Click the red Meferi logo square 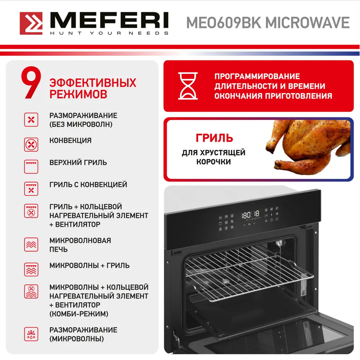(31, 23)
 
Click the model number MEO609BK (224, 23)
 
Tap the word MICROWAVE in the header (307, 23)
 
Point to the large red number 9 (31, 83)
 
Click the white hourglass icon (188, 86)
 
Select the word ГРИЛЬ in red (214, 138)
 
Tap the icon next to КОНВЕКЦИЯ (31, 145)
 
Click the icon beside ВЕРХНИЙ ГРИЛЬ (31, 167)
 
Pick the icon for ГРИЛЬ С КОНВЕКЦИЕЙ (31, 189)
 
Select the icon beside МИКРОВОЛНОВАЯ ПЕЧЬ (31, 244)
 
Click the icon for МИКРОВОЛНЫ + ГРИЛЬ (31, 269)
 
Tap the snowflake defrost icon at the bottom (31, 334)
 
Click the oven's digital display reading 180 (250, 215)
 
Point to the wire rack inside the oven (249, 273)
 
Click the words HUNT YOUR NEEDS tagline (109, 33)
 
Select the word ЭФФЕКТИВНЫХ (93, 83)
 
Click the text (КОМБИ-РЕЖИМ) (79, 314)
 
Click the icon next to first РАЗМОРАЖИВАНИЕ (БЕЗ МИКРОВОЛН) (31, 120)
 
